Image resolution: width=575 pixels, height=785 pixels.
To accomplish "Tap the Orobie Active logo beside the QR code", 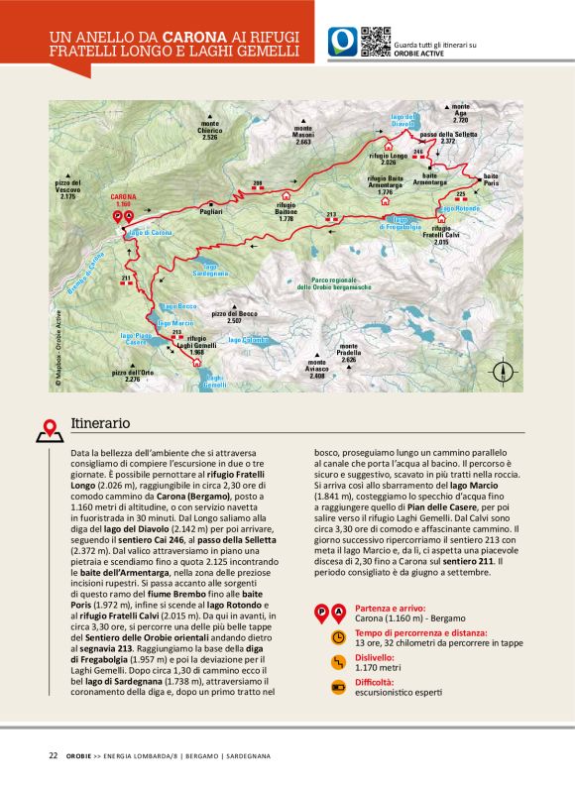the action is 343,42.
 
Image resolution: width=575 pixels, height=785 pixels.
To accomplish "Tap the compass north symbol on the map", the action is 505,374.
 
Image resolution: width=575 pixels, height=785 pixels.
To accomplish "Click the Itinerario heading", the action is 100,422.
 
